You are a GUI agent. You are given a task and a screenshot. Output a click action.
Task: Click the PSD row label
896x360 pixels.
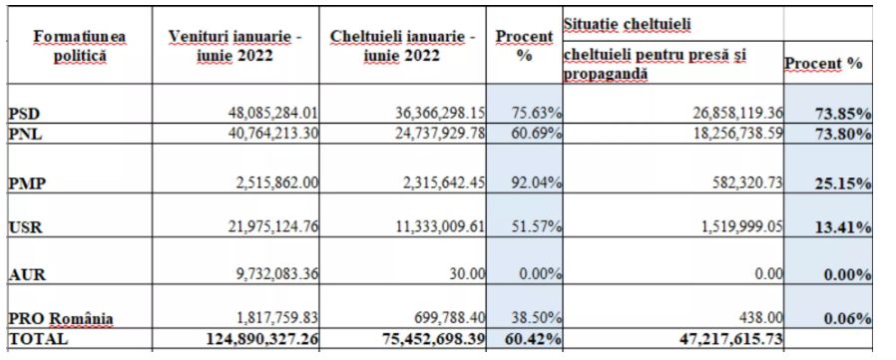pyautogui.click(x=24, y=114)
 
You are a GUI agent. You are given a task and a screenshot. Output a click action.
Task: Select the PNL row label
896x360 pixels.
pyautogui.click(x=25, y=136)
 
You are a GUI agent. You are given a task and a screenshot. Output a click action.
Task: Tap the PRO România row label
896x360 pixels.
pyautogui.click(x=61, y=318)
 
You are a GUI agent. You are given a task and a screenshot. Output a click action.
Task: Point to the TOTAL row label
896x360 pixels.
pyautogui.click(x=38, y=338)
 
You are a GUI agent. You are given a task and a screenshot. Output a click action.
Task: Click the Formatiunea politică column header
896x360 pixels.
pyautogui.click(x=80, y=46)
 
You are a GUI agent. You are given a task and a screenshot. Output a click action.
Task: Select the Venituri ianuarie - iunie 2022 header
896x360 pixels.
pyautogui.click(x=235, y=46)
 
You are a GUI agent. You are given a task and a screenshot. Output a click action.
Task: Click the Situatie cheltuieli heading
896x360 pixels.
pyautogui.click(x=627, y=24)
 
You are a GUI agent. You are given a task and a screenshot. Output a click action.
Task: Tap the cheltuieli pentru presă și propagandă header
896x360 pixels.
pyautogui.click(x=655, y=64)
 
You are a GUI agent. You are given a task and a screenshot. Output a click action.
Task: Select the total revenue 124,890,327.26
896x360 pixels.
pyautogui.click(x=262, y=338)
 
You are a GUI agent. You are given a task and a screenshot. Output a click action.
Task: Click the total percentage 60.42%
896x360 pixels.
pyautogui.click(x=534, y=338)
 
